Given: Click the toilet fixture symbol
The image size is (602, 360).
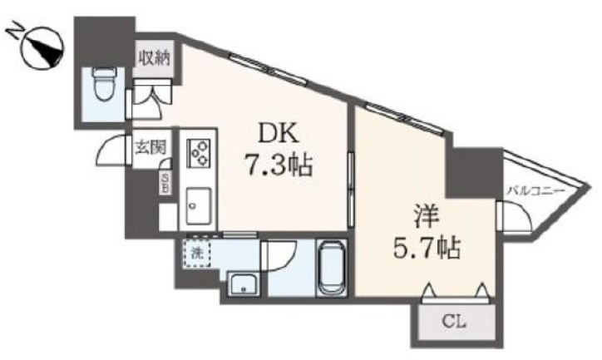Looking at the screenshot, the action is (x=106, y=83).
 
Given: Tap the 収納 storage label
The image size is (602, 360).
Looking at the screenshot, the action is (x=154, y=59).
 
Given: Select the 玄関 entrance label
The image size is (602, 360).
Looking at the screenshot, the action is (x=150, y=147).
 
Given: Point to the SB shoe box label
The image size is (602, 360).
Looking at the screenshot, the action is (x=165, y=183).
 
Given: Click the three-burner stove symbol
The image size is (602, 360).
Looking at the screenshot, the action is (x=199, y=153).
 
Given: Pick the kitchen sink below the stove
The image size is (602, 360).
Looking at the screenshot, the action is (x=199, y=206).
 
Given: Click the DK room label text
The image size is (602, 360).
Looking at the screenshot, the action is (x=279, y=133).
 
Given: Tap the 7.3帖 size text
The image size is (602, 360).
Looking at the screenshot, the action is (x=279, y=165).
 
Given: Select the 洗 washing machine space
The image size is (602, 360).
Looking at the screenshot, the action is (x=196, y=253).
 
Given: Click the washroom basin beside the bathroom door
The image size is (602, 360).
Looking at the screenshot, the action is (x=244, y=284).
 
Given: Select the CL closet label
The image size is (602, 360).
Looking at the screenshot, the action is (x=454, y=322).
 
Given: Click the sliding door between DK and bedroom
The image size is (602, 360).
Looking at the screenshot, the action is (x=351, y=190).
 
